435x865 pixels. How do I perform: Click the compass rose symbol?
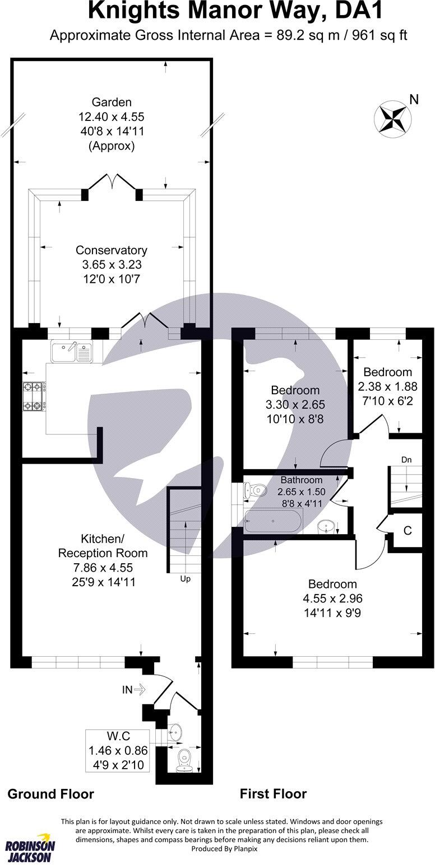[391, 118]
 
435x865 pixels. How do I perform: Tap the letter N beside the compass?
[414, 100]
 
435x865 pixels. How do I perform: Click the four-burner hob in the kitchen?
[34, 396]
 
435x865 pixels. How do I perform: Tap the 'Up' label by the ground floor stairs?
[184, 579]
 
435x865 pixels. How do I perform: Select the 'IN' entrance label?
[127, 690]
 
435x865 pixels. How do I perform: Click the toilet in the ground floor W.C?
[184, 760]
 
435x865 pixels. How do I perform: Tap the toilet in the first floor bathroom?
[255, 490]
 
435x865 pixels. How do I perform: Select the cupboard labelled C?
[408, 530]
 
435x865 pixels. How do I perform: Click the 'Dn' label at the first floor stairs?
[406, 460]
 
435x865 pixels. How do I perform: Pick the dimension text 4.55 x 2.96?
[329, 599]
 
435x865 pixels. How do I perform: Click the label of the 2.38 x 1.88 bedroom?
[387, 372]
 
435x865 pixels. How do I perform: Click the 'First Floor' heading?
[273, 793]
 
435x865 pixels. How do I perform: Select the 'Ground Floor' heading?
[50, 793]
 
